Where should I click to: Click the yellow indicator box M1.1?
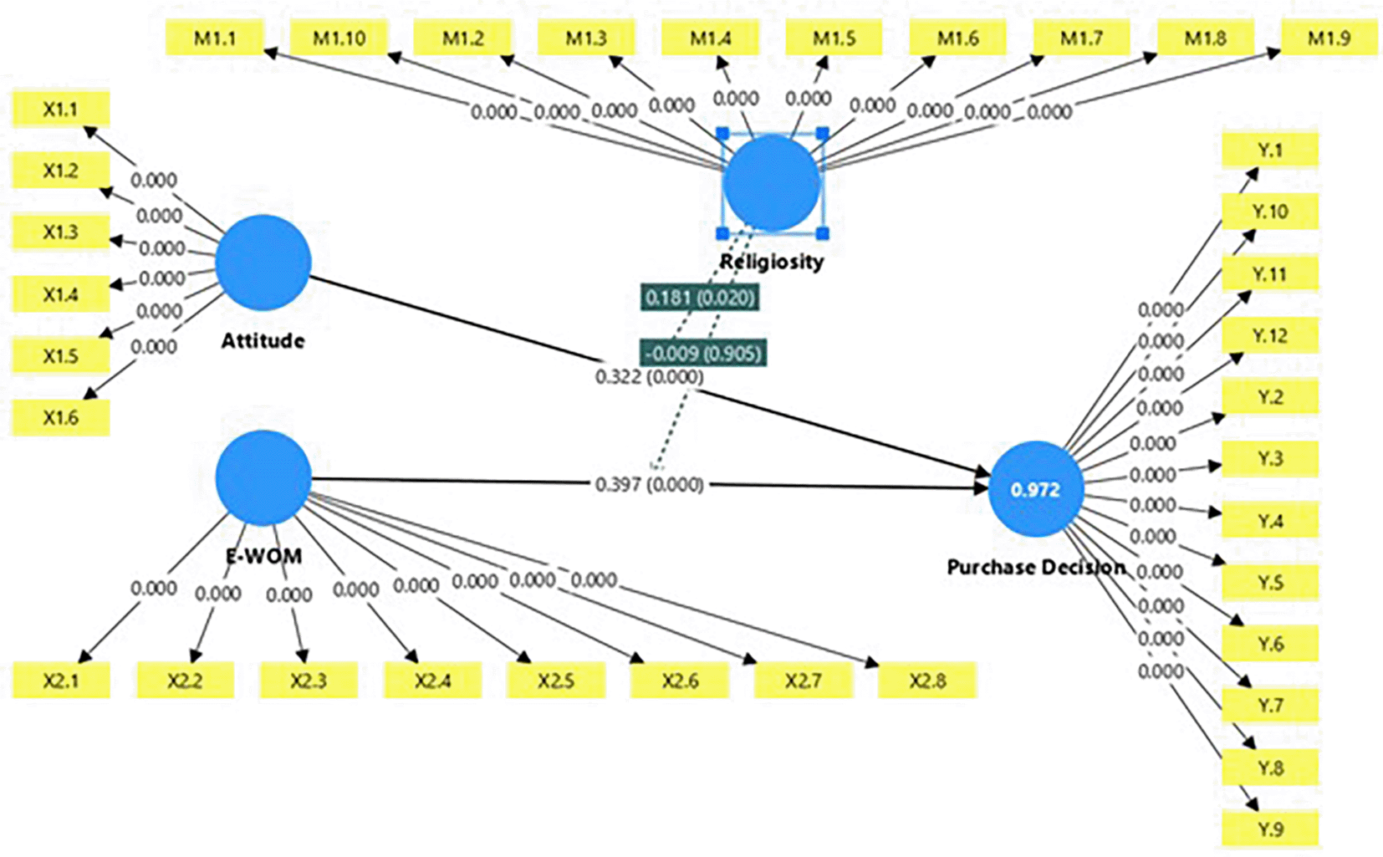pos(215,38)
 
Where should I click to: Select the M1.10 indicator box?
pos(339,38)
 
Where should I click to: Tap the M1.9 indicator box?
pos(1329,38)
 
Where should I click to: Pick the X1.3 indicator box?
pos(60,232)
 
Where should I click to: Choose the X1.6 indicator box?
pos(60,417)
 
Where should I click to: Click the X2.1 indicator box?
pos(60,681)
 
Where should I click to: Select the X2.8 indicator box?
pos(927,681)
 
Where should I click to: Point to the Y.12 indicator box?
pos(1269,336)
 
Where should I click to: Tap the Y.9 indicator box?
pos(1269,829)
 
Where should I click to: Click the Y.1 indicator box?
pos(1269,150)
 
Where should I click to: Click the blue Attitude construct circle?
pos(263,263)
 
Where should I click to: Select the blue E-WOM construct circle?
pos(263,478)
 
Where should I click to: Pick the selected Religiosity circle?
pos(772,183)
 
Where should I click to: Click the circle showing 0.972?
pos(1035,489)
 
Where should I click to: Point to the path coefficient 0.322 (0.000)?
pos(649,377)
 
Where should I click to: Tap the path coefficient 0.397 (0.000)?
pos(649,484)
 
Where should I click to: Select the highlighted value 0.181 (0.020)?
pos(700,297)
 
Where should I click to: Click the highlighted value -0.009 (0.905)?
pos(703,353)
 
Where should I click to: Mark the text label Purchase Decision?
pos(1035,567)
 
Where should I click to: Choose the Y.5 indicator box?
pos(1269,583)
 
